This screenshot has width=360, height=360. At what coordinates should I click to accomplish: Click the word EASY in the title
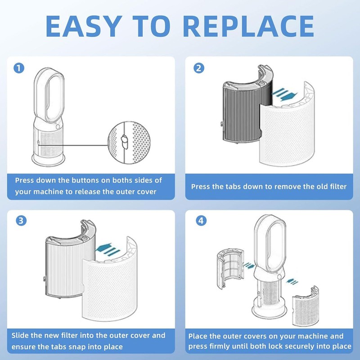pyautogui.click(x=84, y=26)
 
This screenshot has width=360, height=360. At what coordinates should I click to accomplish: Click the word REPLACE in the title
pyautogui.click(x=248, y=26)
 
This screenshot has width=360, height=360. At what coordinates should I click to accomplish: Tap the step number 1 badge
pyautogui.click(x=19, y=68)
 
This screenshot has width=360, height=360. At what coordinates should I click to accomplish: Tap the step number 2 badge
pyautogui.click(x=199, y=68)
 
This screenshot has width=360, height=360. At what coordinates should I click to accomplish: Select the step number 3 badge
pyautogui.click(x=21, y=220)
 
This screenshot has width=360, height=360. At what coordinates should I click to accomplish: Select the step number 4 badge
pyautogui.click(x=201, y=220)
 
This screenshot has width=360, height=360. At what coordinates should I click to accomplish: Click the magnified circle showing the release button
pyautogui.click(x=129, y=143)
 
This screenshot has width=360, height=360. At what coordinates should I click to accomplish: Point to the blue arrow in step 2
pyautogui.click(x=284, y=94)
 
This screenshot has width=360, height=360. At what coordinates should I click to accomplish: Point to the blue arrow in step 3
pyautogui.click(x=108, y=249)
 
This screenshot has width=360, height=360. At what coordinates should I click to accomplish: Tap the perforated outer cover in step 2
pyautogui.click(x=287, y=129)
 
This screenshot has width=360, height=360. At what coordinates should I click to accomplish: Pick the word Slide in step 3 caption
pyautogui.click(x=20, y=335)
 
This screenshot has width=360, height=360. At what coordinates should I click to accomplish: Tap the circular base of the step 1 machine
pyautogui.click(x=49, y=160)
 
